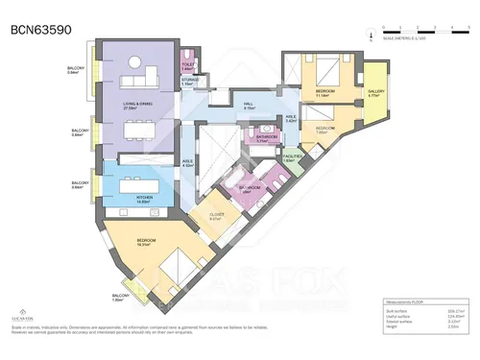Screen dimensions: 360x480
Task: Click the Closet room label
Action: coord(216,217)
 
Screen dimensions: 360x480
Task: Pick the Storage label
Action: coord(189,83)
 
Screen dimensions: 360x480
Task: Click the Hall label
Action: coord(248,107)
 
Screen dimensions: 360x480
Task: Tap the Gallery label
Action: coord(375,93)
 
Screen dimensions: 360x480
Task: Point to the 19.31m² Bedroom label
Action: coord(148,243)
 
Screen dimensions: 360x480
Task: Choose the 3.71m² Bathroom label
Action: coord(267,138)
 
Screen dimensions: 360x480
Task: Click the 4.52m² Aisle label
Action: coord(189,163)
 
